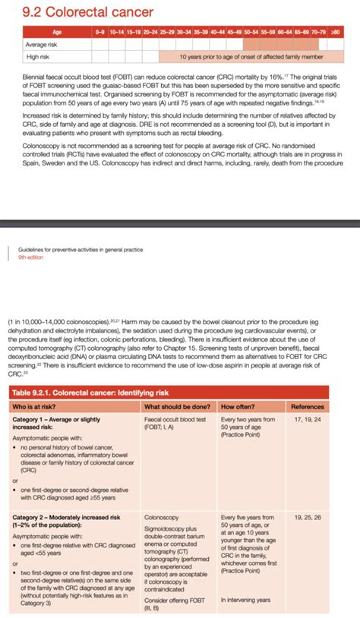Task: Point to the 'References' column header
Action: [308, 406]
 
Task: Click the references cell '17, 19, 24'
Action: [307, 419]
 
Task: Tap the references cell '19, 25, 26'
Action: [307, 516]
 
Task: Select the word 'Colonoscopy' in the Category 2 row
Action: [161, 516]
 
